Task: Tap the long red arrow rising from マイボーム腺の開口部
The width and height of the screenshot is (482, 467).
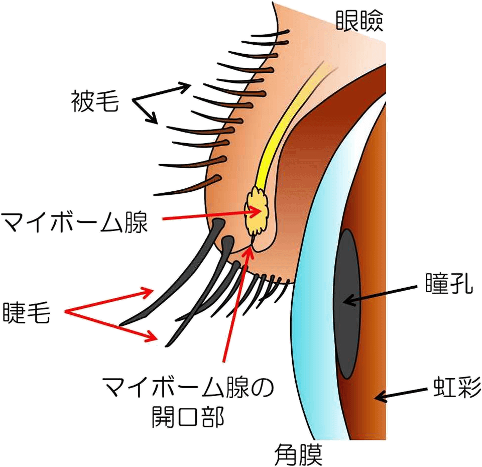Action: point(236,306)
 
